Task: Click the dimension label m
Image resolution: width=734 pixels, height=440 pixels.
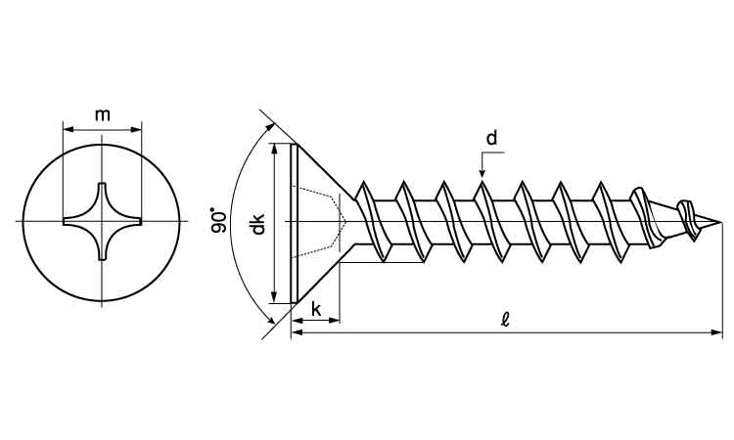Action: click(102, 115)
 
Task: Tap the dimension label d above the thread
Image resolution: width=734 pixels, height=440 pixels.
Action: click(491, 138)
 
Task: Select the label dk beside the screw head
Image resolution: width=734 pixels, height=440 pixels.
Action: click(257, 225)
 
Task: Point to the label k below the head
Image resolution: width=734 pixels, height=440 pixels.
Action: click(317, 309)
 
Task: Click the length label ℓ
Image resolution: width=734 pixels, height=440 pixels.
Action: click(504, 320)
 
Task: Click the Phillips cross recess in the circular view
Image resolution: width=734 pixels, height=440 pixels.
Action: click(102, 222)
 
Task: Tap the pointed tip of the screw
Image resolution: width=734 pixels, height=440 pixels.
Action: click(721, 223)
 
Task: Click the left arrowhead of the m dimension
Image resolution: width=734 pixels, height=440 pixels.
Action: click(67, 127)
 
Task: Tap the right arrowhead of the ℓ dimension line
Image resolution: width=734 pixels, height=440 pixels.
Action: click(718, 333)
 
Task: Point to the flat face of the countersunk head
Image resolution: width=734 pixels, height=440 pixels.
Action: click(293, 224)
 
